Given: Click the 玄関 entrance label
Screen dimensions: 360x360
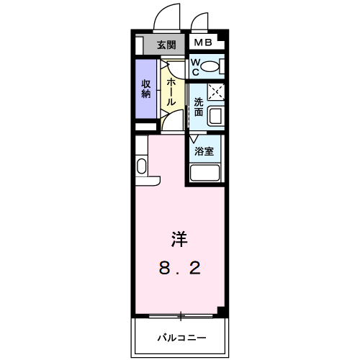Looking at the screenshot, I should coord(166,45).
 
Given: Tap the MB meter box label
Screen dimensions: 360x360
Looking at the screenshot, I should coord(202,43).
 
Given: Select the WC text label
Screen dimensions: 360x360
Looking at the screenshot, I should coord(195,67).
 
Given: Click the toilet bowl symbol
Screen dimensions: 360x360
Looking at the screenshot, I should coord(210,68).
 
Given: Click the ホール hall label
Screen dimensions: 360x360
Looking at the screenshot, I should coord(171,91).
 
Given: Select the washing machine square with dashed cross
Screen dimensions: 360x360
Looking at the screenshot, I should coord(216,91).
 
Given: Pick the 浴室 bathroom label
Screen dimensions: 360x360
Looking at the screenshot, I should coord(204,151).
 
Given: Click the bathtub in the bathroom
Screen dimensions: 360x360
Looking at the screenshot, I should coord(204,174).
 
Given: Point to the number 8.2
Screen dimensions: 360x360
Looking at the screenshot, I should coord(179,269).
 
